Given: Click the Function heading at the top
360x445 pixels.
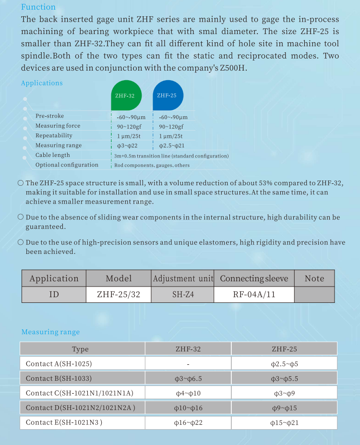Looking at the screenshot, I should (x=38, y=7).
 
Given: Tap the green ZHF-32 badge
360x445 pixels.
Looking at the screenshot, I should (x=125, y=96).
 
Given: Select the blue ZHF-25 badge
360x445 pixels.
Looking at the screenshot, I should (x=167, y=95).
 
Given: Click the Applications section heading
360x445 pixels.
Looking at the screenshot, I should (x=42, y=83).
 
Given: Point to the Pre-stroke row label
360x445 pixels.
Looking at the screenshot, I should (x=49, y=116).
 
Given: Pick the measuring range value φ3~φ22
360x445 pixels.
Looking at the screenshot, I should (x=127, y=145).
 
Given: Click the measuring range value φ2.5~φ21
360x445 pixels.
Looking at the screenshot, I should (x=172, y=145).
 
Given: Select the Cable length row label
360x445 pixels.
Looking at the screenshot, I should (x=53, y=155).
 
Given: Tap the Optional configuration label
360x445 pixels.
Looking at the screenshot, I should (x=67, y=165).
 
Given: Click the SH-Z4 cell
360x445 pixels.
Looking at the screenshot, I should (x=183, y=294).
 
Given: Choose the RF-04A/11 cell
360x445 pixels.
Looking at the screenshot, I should (x=254, y=294).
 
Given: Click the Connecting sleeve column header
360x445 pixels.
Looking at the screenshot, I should (x=254, y=278).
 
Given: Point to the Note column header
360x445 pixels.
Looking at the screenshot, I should (x=314, y=278).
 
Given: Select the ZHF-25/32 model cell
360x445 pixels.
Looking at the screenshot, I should (x=119, y=294).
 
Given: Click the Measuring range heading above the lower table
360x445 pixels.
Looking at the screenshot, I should (x=50, y=332).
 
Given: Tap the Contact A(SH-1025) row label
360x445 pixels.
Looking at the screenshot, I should (x=59, y=364).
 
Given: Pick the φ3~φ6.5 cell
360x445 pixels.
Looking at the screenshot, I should (x=188, y=379).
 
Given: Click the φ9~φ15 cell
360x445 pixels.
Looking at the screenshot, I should (x=284, y=408).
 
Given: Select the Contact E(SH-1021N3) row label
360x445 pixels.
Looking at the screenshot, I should (x=64, y=423).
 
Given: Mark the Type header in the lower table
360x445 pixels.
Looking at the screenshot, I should (x=80, y=349).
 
